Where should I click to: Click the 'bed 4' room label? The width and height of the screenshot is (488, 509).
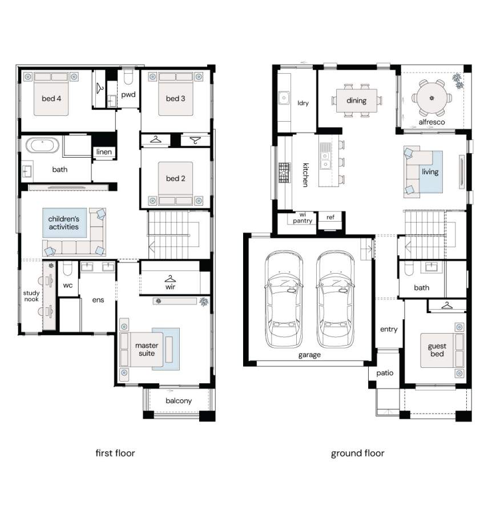(x=51, y=98)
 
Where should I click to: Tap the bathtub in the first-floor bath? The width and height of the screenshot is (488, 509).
(x=42, y=145)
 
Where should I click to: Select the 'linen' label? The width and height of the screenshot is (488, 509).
(x=104, y=151)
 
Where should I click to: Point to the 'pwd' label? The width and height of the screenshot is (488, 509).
(x=128, y=95)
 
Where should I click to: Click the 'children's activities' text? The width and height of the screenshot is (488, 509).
(x=63, y=223)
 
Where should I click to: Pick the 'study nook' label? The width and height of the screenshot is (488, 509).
(x=31, y=296)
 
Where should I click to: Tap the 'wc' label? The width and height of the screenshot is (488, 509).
(x=68, y=285)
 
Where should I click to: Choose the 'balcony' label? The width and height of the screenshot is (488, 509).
(x=179, y=401)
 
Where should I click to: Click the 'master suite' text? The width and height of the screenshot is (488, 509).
(x=147, y=349)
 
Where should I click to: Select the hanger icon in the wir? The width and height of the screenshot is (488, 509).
(x=170, y=279)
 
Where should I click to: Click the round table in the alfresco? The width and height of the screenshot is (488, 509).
(x=431, y=98)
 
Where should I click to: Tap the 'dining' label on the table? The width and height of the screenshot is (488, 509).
(x=356, y=101)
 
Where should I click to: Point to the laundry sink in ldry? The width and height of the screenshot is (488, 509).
(x=284, y=98)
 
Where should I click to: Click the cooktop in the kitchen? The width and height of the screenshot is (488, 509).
(x=284, y=173)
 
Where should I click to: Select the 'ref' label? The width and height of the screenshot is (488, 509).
(x=330, y=217)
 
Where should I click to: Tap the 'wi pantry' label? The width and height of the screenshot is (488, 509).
(x=303, y=218)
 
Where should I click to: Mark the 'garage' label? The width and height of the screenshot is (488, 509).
(x=309, y=355)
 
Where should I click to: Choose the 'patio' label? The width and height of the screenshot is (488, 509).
(x=385, y=373)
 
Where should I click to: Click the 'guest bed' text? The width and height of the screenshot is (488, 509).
(x=437, y=350)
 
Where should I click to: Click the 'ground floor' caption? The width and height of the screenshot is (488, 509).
(x=358, y=454)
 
